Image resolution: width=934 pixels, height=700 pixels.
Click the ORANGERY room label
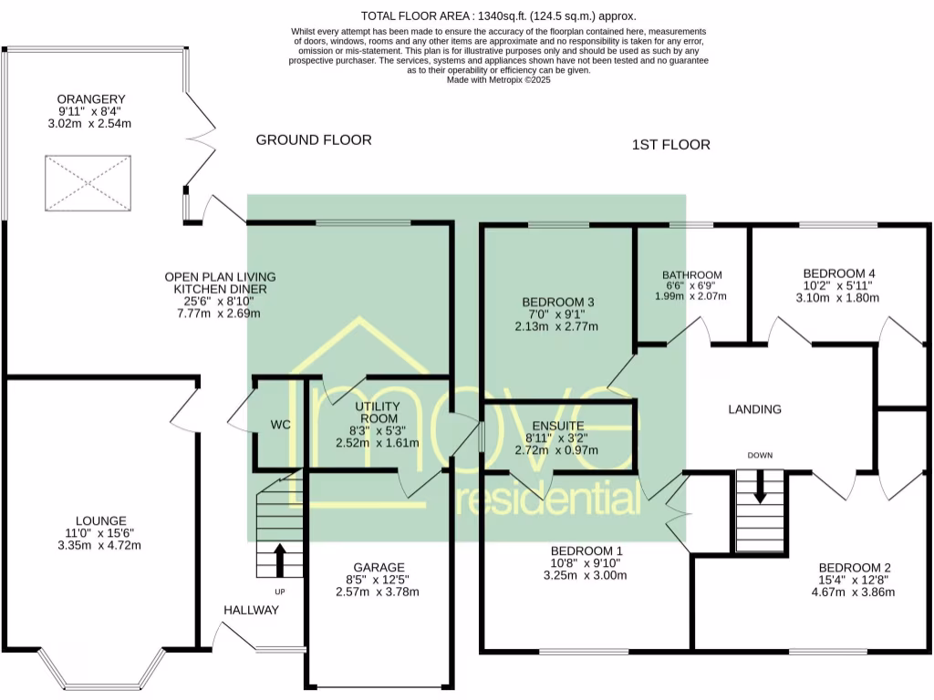(x=91, y=99)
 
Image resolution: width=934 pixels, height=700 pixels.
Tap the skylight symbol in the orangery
(x=88, y=183)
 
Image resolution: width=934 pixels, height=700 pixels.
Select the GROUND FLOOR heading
(x=314, y=139)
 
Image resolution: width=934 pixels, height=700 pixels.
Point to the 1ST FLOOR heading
(x=670, y=145)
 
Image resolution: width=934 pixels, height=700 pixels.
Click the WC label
(x=281, y=425)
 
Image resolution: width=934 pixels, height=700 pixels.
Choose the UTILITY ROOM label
(x=379, y=412)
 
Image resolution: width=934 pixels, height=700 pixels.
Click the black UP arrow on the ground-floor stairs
(x=279, y=560)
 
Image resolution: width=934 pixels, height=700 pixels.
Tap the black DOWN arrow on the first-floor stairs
(x=760, y=487)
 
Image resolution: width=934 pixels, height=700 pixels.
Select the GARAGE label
(x=379, y=567)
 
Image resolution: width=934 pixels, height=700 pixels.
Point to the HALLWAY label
(x=252, y=610)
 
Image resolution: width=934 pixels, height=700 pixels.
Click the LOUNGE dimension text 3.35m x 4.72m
(x=99, y=545)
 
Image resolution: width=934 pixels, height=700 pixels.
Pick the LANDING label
(x=754, y=409)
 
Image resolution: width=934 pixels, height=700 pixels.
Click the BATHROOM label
(x=692, y=275)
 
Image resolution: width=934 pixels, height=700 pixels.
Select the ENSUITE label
(x=558, y=426)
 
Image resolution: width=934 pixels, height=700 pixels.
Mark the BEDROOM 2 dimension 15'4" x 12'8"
(x=854, y=580)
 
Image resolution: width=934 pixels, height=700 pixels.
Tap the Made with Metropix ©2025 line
(x=499, y=80)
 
